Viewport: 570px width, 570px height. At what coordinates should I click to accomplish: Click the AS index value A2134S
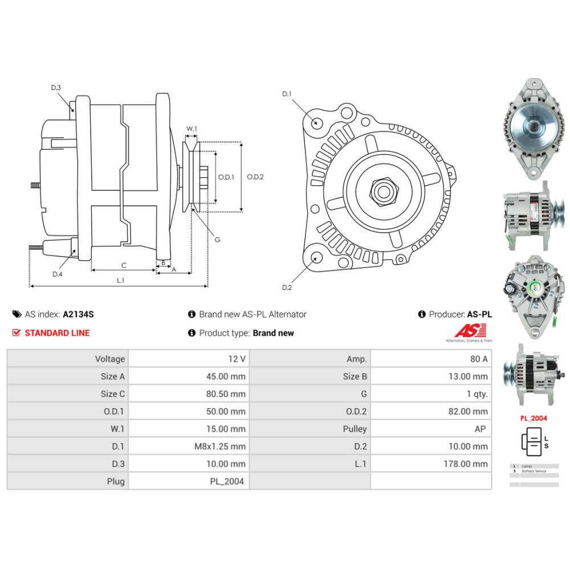tap(78, 314)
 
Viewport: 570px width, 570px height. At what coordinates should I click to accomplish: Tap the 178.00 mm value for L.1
tap(466, 463)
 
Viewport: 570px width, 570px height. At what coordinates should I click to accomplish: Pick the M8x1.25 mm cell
tap(220, 446)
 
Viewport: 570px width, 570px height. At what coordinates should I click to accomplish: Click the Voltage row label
tap(110, 359)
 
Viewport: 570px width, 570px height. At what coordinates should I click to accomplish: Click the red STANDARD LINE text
tap(57, 333)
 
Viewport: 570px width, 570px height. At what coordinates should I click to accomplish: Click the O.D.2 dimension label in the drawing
tap(255, 177)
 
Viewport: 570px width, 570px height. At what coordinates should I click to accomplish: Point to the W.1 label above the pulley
tap(192, 129)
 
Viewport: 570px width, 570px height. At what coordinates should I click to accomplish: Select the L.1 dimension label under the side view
tap(121, 280)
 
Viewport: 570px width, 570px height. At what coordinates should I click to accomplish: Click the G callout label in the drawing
tap(217, 239)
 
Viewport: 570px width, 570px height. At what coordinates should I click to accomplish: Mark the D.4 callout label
tap(58, 274)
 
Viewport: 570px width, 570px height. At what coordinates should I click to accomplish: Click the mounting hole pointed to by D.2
tap(314, 258)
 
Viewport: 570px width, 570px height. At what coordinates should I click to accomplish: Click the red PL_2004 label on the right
tap(533, 418)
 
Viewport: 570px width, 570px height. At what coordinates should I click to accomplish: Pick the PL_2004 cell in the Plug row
tap(226, 481)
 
